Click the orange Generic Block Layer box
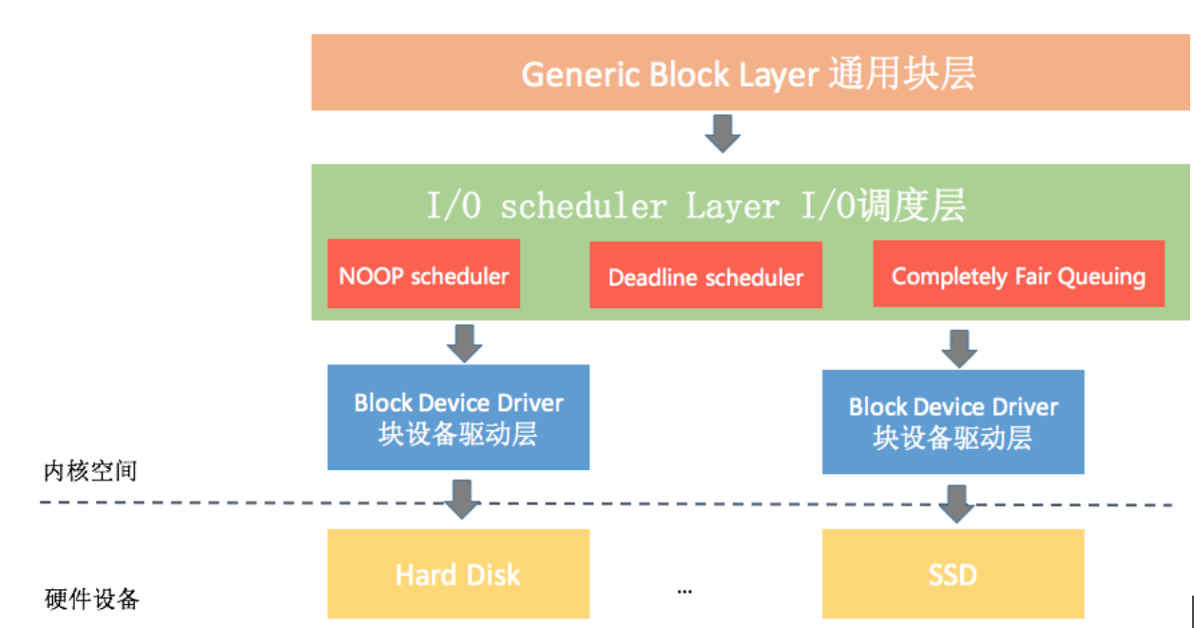[x=749, y=73]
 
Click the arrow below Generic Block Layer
[x=722, y=134]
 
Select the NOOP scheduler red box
[x=424, y=274]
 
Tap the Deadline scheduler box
[x=705, y=276]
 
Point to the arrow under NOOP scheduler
[x=464, y=343]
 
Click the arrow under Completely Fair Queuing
[x=958, y=347]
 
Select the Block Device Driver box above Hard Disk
[x=458, y=417]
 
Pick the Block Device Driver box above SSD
[x=953, y=422]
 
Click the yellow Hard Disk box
[x=458, y=574]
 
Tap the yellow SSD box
[x=953, y=574]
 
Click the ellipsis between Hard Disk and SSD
[x=684, y=591]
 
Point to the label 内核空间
[x=90, y=470]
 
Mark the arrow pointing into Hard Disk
[x=462, y=499]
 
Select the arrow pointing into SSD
[x=957, y=502]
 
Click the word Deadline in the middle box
[x=646, y=277]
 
